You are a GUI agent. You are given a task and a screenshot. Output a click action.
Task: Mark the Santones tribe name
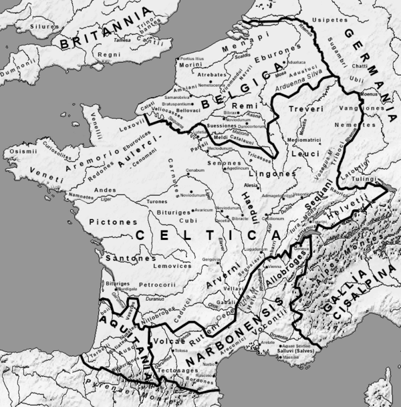(124, 257)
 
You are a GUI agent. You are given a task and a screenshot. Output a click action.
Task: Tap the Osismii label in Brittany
(18, 153)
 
